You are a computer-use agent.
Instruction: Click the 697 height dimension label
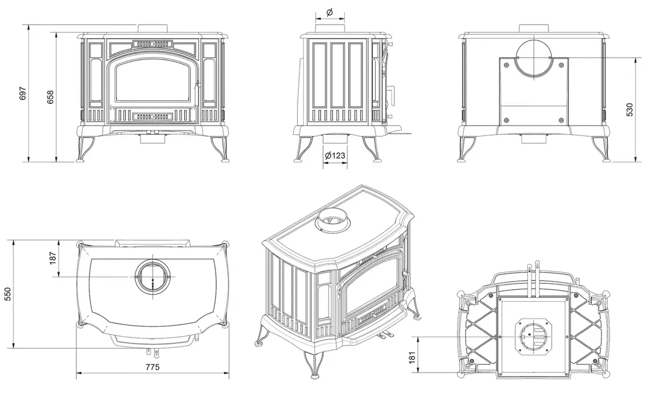click(x=23, y=93)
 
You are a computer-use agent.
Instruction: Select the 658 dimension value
click(x=50, y=97)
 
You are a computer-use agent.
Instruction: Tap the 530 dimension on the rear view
click(x=630, y=109)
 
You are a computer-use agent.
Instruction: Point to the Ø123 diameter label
click(x=334, y=155)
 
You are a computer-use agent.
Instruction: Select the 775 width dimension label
click(x=153, y=367)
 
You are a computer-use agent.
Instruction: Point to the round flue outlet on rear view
click(x=534, y=58)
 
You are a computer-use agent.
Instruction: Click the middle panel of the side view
click(x=337, y=75)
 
